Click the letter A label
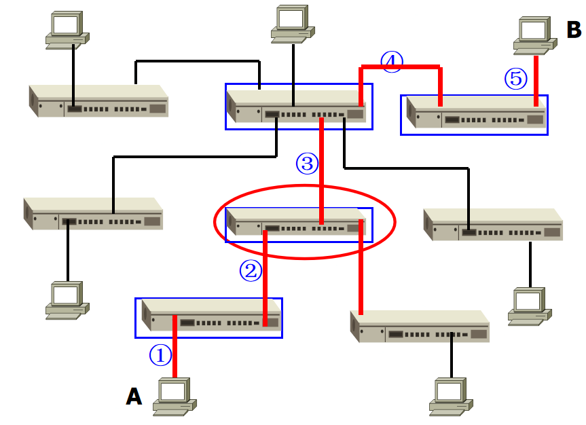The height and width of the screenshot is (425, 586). pos(134,396)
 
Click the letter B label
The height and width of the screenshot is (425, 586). pos(574,30)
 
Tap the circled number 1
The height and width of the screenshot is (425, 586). pos(160,354)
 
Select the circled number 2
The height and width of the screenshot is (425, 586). pos(250,271)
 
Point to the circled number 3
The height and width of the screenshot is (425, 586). pos(306,163)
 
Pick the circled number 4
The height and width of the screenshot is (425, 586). pos(391,62)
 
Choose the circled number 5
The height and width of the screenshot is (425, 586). pos(515,79)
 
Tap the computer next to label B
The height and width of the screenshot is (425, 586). pos(535,35)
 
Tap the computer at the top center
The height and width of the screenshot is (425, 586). pos(293,24)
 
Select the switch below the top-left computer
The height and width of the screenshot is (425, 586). pos(98,101)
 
